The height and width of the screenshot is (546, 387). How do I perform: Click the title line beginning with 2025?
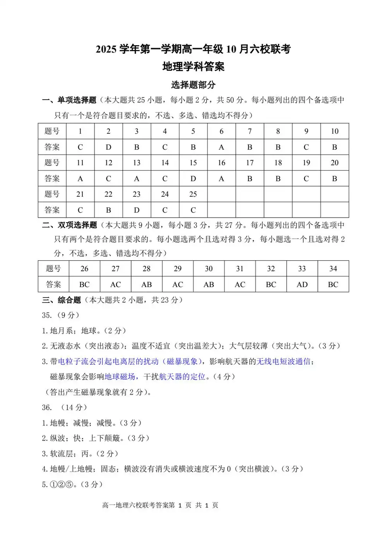coord(193,49)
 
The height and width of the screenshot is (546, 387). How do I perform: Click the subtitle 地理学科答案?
coord(193,67)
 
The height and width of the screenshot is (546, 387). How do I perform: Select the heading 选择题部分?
coord(193,85)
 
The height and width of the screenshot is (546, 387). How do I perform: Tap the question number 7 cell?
coord(250,131)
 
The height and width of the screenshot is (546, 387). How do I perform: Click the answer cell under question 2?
coord(108,147)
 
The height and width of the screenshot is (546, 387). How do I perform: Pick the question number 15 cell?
coord(193,163)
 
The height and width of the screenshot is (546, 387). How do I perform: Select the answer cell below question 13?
coord(137,179)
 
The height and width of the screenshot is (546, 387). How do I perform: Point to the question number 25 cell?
coord(193,194)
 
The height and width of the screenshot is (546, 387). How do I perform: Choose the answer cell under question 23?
coord(137,210)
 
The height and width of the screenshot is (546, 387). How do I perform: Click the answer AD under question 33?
coord(302,285)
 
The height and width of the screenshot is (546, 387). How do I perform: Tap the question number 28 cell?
coord(146,269)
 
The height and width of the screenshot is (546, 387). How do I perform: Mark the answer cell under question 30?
coord(209,285)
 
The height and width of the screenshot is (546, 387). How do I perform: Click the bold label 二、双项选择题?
coord(70,225)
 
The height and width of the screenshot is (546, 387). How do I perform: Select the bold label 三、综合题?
coord(62,300)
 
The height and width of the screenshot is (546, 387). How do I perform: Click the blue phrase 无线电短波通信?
coord(284,361)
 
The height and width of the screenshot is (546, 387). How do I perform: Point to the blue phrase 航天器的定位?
coord(182,377)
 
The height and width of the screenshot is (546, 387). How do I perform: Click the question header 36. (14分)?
coord(64,407)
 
